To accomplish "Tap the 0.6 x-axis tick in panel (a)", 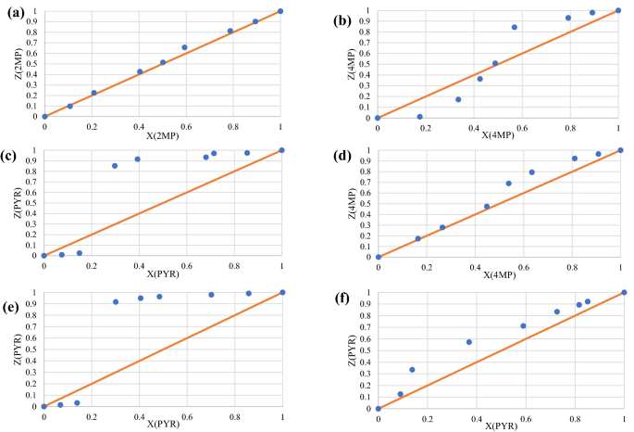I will point(186,126).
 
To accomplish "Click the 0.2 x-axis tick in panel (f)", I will point(427,417).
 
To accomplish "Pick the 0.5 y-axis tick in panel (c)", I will point(31,203).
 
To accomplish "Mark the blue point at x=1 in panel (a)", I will point(280,11).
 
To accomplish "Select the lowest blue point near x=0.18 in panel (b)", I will point(420,117).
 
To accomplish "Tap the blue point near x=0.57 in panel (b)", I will point(515,27).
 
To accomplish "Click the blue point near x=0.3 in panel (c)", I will point(115,166).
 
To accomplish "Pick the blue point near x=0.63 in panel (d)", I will point(532,172).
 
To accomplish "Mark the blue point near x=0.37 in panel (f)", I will point(469,342).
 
